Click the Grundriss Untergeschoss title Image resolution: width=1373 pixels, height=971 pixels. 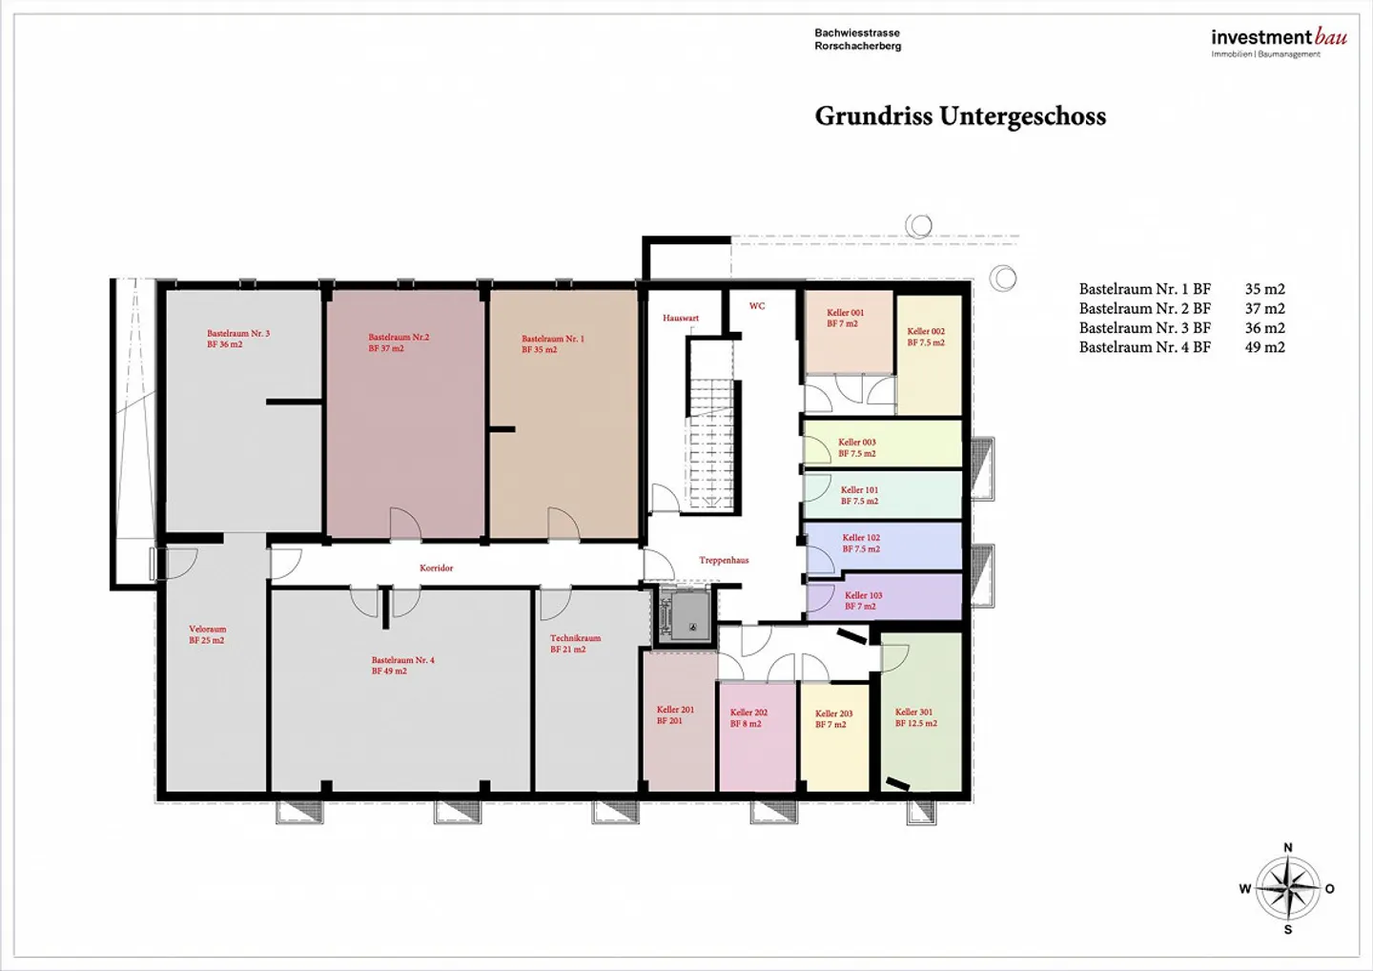pyautogui.click(x=960, y=116)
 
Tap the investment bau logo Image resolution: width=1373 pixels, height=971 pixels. pyautogui.click(x=1279, y=43)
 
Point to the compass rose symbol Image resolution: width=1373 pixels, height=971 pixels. pyautogui.click(x=1287, y=888)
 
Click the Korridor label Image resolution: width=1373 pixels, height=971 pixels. pyautogui.click(x=437, y=568)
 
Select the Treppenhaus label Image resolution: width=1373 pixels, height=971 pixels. pyautogui.click(x=724, y=560)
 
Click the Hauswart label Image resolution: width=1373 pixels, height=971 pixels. pyautogui.click(x=681, y=318)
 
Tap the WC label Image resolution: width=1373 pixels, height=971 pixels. pyautogui.click(x=757, y=305)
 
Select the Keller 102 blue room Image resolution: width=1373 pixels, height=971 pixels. pyautogui.click(x=883, y=546)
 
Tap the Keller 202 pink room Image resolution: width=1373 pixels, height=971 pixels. pyautogui.click(x=758, y=736)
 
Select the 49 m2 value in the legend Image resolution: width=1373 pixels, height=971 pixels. pyautogui.click(x=1264, y=347)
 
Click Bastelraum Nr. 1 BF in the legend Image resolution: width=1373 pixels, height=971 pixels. pyautogui.click(x=1145, y=289)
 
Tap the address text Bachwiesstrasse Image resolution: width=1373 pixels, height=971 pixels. pyautogui.click(x=857, y=32)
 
